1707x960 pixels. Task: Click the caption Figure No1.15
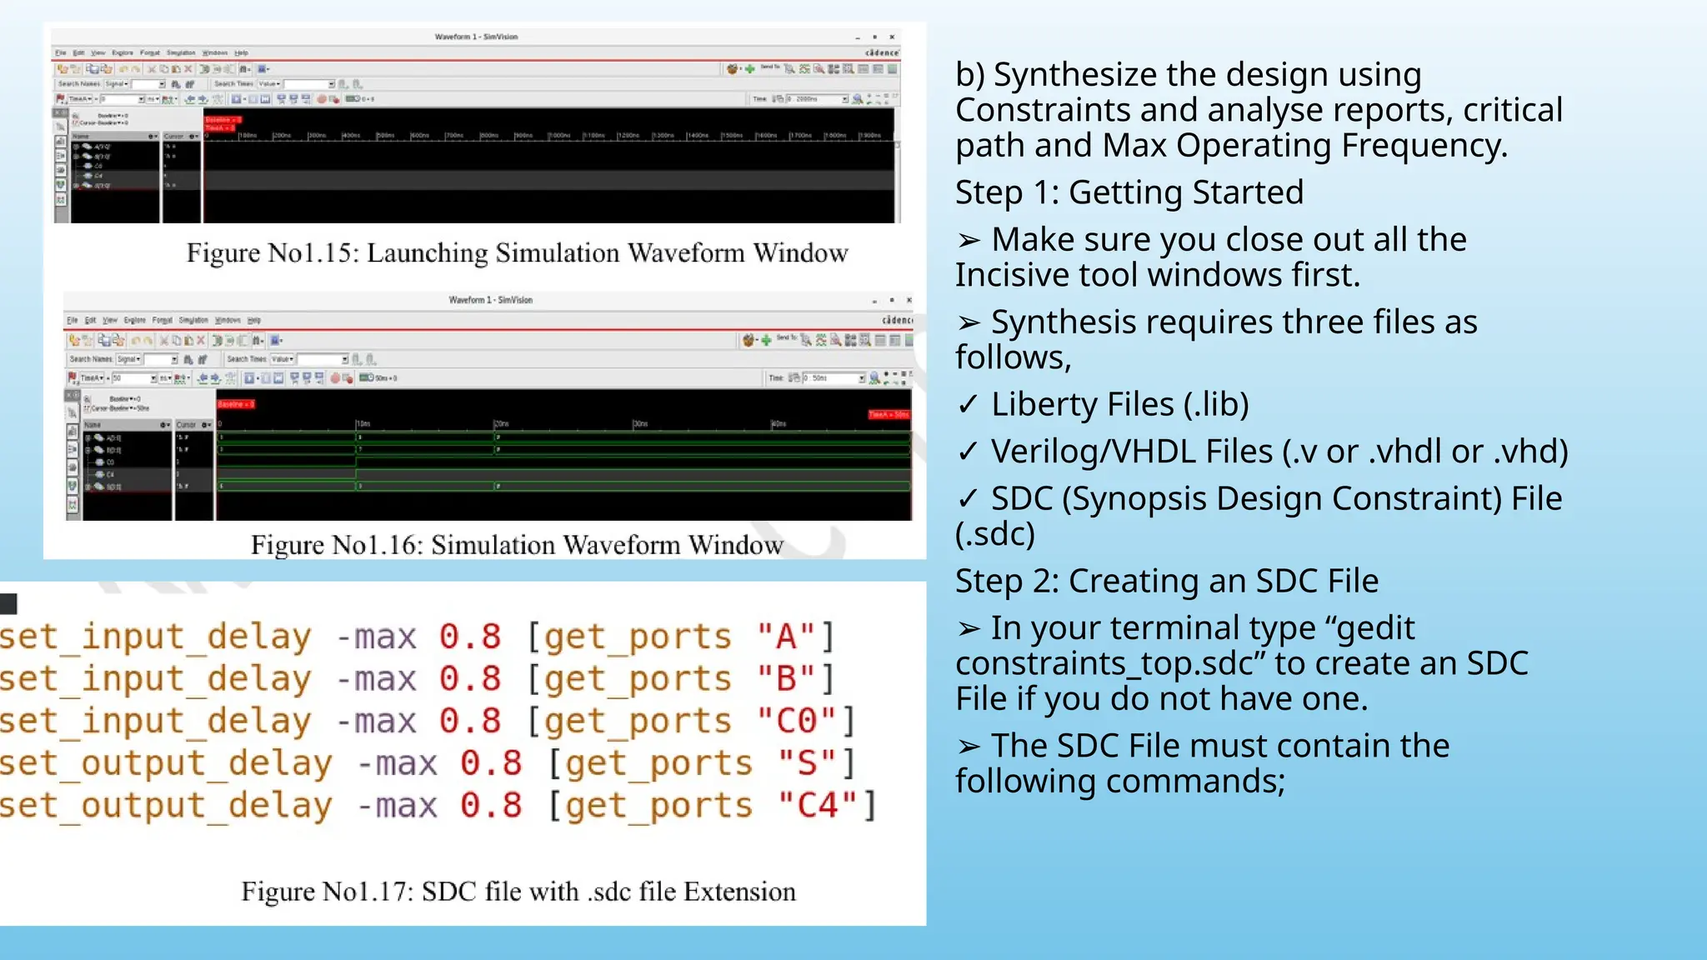[517, 253]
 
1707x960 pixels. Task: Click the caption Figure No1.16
[517, 545]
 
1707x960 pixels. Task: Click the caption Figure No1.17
[518, 892]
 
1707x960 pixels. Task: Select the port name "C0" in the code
[796, 722]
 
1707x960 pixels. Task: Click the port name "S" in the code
[806, 763]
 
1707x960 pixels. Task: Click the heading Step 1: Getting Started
[1129, 192]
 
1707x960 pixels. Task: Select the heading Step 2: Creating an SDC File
[1166, 581]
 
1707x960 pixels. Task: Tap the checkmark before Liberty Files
[967, 405]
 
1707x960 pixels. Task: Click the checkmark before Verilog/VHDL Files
[967, 452]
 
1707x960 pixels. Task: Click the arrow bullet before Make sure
[968, 241]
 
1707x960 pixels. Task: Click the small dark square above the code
[8, 603]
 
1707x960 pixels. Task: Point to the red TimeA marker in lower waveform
[889, 414]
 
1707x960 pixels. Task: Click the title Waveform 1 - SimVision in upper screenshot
[476, 37]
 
